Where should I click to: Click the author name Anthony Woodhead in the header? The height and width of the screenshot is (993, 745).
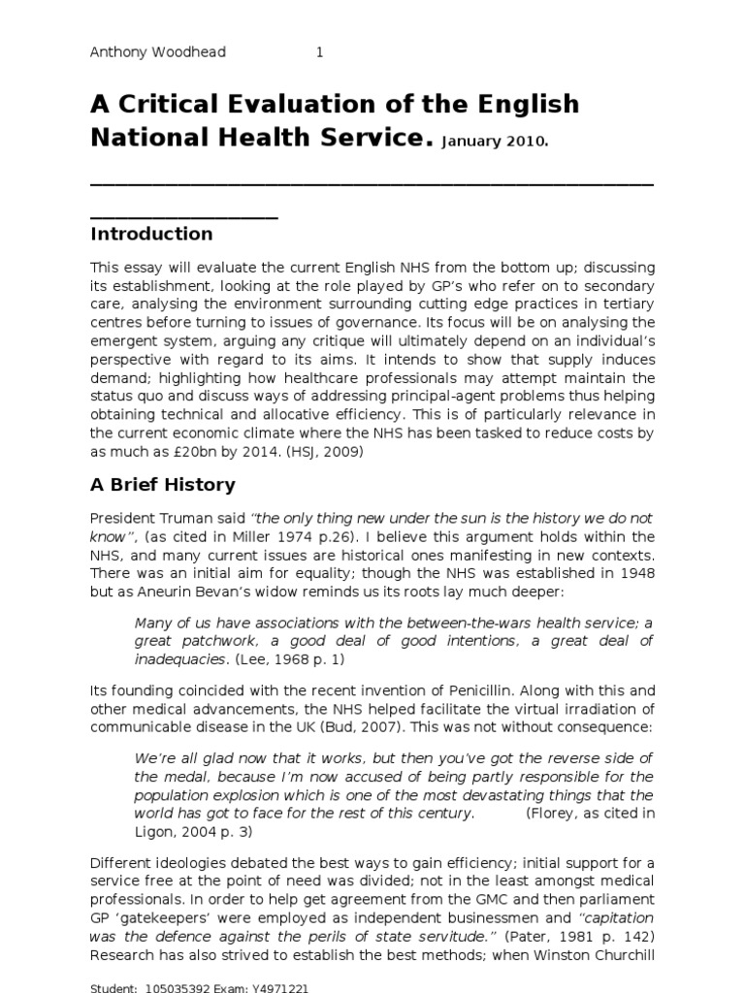coord(158,52)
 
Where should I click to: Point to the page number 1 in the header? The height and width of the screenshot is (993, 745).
coord(319,52)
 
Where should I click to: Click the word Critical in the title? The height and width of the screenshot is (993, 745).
coord(190,104)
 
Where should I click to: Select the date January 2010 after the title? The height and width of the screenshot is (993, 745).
coord(495,142)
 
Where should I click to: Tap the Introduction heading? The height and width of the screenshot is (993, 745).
coord(151,234)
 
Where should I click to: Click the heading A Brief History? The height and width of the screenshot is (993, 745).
coord(162,484)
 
